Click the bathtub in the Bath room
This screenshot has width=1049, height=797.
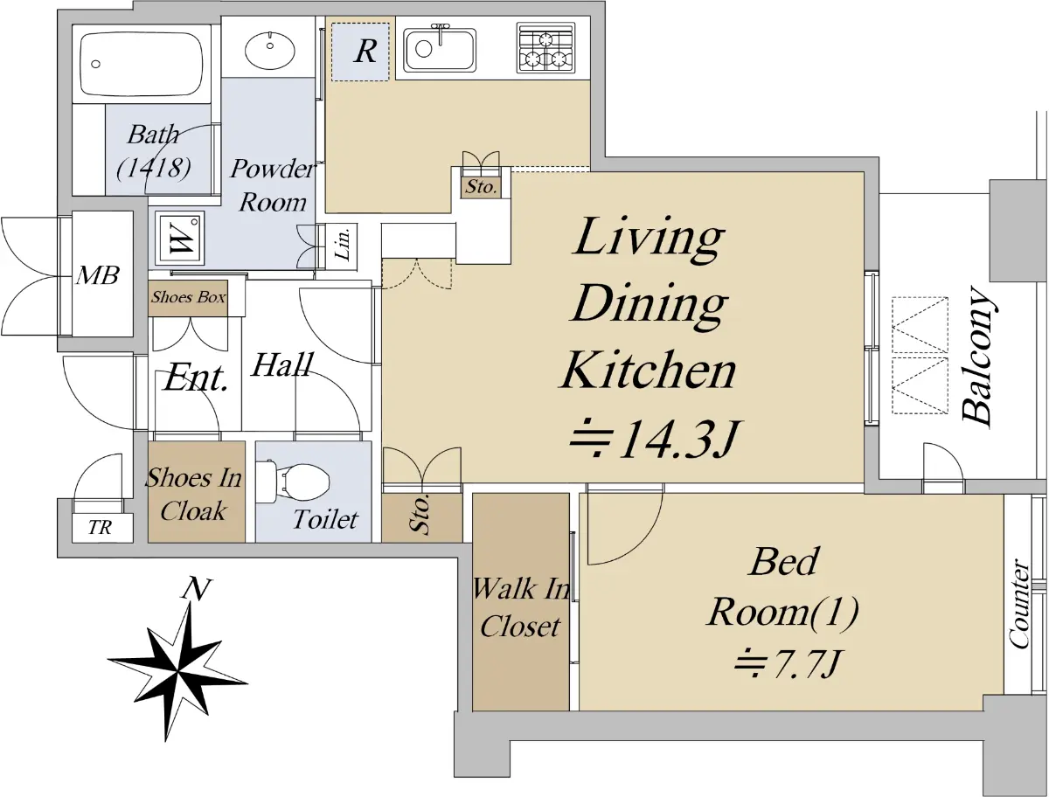[141, 64]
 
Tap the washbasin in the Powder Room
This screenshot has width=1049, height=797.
[269, 49]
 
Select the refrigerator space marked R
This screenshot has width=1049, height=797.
[360, 52]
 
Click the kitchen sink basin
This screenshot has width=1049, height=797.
[440, 49]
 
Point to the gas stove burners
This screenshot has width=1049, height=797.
[545, 48]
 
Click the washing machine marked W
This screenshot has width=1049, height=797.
[179, 239]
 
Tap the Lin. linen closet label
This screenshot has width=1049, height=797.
[344, 244]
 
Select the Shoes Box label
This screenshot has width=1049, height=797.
[188, 297]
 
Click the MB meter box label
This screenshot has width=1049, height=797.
[98, 275]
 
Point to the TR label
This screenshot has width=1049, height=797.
[100, 528]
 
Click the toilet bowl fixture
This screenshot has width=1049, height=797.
[293, 482]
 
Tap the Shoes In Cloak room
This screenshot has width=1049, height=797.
[196, 491]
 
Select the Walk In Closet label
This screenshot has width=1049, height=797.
[521, 607]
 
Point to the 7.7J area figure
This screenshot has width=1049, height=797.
[786, 663]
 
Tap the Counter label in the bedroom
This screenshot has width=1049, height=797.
[1019, 604]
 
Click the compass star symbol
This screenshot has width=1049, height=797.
[177, 671]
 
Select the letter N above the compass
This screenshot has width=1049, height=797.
[196, 589]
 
